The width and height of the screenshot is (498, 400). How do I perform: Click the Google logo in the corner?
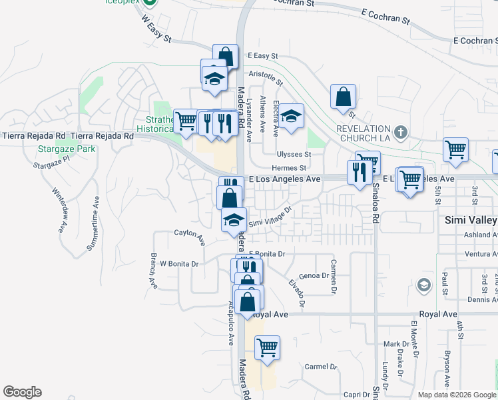pos(22,392)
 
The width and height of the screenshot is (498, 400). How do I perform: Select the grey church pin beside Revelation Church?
pos(400,131)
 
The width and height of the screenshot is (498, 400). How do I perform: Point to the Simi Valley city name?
pos(470,220)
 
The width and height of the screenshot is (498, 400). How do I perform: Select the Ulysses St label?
pos(294,153)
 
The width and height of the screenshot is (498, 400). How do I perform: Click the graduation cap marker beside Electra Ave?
pos(291,117)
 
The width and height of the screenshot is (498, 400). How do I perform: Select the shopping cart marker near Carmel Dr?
pos(267,347)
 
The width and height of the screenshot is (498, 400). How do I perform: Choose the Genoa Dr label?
pos(314,275)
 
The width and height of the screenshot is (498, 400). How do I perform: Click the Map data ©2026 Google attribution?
pos(456,395)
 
